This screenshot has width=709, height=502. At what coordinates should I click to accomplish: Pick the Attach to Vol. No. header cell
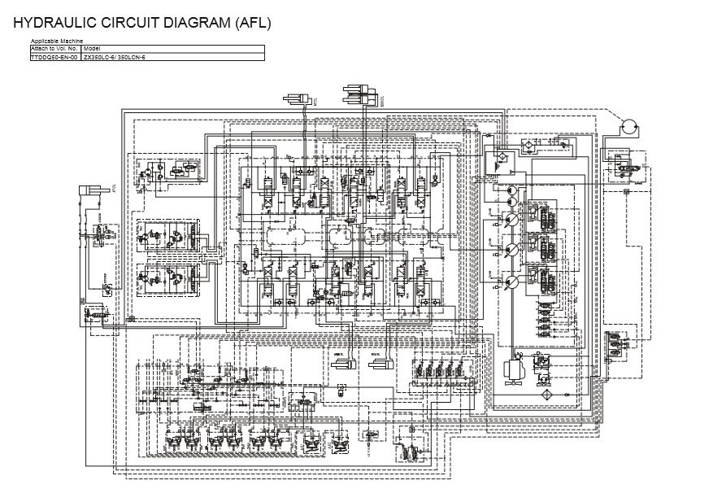54,50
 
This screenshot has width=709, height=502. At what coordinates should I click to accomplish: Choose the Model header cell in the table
91,50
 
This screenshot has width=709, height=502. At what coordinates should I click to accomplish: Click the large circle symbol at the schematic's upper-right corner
627,127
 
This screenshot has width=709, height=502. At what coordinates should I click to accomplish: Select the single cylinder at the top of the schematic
298,99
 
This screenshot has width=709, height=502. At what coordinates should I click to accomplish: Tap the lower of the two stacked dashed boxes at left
168,282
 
